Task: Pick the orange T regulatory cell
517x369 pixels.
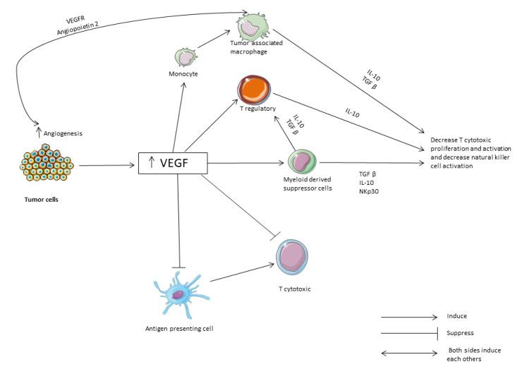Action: [x=255, y=90]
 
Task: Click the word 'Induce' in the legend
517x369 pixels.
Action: [x=456, y=315]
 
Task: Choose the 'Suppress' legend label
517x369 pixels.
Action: [x=459, y=332]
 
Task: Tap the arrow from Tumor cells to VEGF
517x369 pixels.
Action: [x=105, y=166]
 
